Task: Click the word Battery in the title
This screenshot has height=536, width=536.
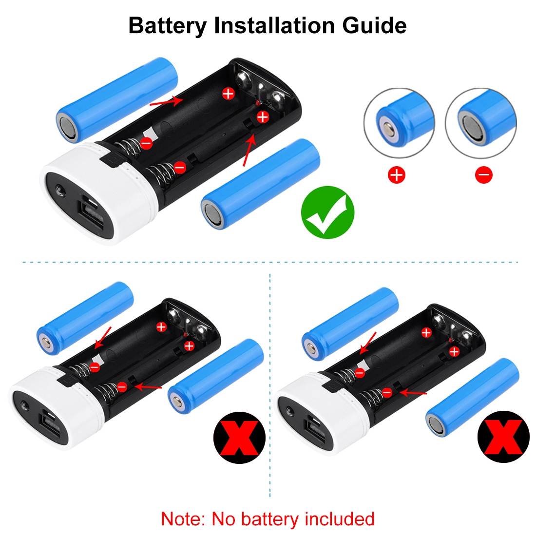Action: point(168,26)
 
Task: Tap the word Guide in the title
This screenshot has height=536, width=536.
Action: point(374,26)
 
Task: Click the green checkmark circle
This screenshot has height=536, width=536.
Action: point(327,212)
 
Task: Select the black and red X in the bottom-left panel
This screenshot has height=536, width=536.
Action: point(239,438)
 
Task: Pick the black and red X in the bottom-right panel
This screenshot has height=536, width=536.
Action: point(503,437)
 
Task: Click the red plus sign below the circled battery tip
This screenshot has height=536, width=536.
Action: point(397,175)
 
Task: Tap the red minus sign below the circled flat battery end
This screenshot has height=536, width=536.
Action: point(484,175)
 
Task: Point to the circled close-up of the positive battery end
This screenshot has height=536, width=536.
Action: point(399,123)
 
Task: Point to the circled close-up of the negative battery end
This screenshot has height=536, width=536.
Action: point(481,123)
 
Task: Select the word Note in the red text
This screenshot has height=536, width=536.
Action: point(182,519)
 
